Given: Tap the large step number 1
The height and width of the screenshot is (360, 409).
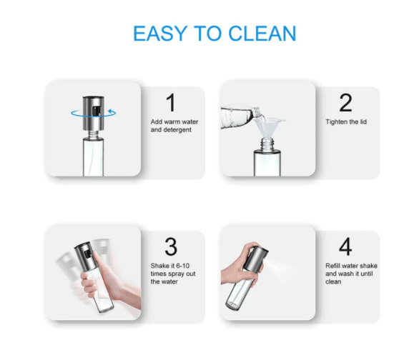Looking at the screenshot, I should pyautogui.click(x=170, y=103).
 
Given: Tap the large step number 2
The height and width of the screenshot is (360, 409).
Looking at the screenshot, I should pyautogui.click(x=345, y=103).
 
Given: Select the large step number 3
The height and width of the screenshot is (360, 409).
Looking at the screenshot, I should pyautogui.click(x=170, y=247).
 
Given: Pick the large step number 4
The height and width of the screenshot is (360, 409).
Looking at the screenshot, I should pyautogui.click(x=345, y=247).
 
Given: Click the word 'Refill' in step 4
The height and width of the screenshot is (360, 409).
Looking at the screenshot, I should pyautogui.click(x=334, y=266).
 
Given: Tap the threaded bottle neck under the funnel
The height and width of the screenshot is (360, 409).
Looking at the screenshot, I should pyautogui.click(x=267, y=145).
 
